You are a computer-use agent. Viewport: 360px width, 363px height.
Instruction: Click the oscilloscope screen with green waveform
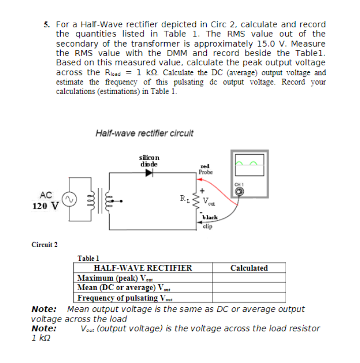pos(248,164)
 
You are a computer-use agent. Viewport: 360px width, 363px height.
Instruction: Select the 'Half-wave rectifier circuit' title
pos(144,133)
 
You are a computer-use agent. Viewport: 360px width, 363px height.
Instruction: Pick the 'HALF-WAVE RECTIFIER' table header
pos(143,268)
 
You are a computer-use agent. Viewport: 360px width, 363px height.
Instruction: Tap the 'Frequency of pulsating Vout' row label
pos(123,297)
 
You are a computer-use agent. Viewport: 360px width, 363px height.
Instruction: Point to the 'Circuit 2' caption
pos(44,245)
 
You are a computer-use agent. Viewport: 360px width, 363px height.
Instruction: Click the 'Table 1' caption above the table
pos(89,258)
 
